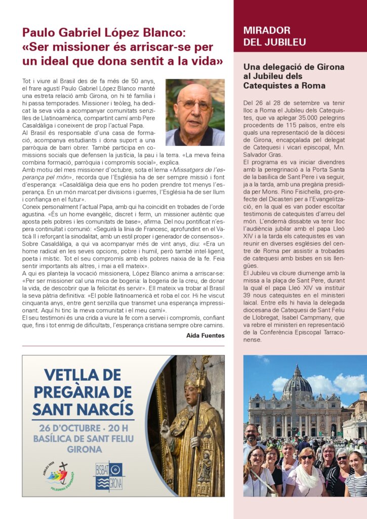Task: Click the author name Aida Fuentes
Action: tap(206, 336)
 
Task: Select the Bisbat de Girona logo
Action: tap(108, 475)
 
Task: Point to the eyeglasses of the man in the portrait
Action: tap(193, 104)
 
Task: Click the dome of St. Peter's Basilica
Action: tap(297, 384)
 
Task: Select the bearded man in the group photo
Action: tap(252, 437)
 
